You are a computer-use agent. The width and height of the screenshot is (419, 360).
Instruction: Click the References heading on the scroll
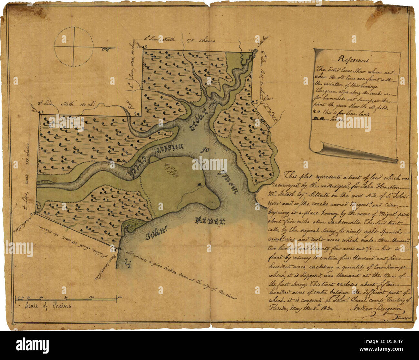point(354,60)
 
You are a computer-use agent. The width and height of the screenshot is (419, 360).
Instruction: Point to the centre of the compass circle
point(74,47)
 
